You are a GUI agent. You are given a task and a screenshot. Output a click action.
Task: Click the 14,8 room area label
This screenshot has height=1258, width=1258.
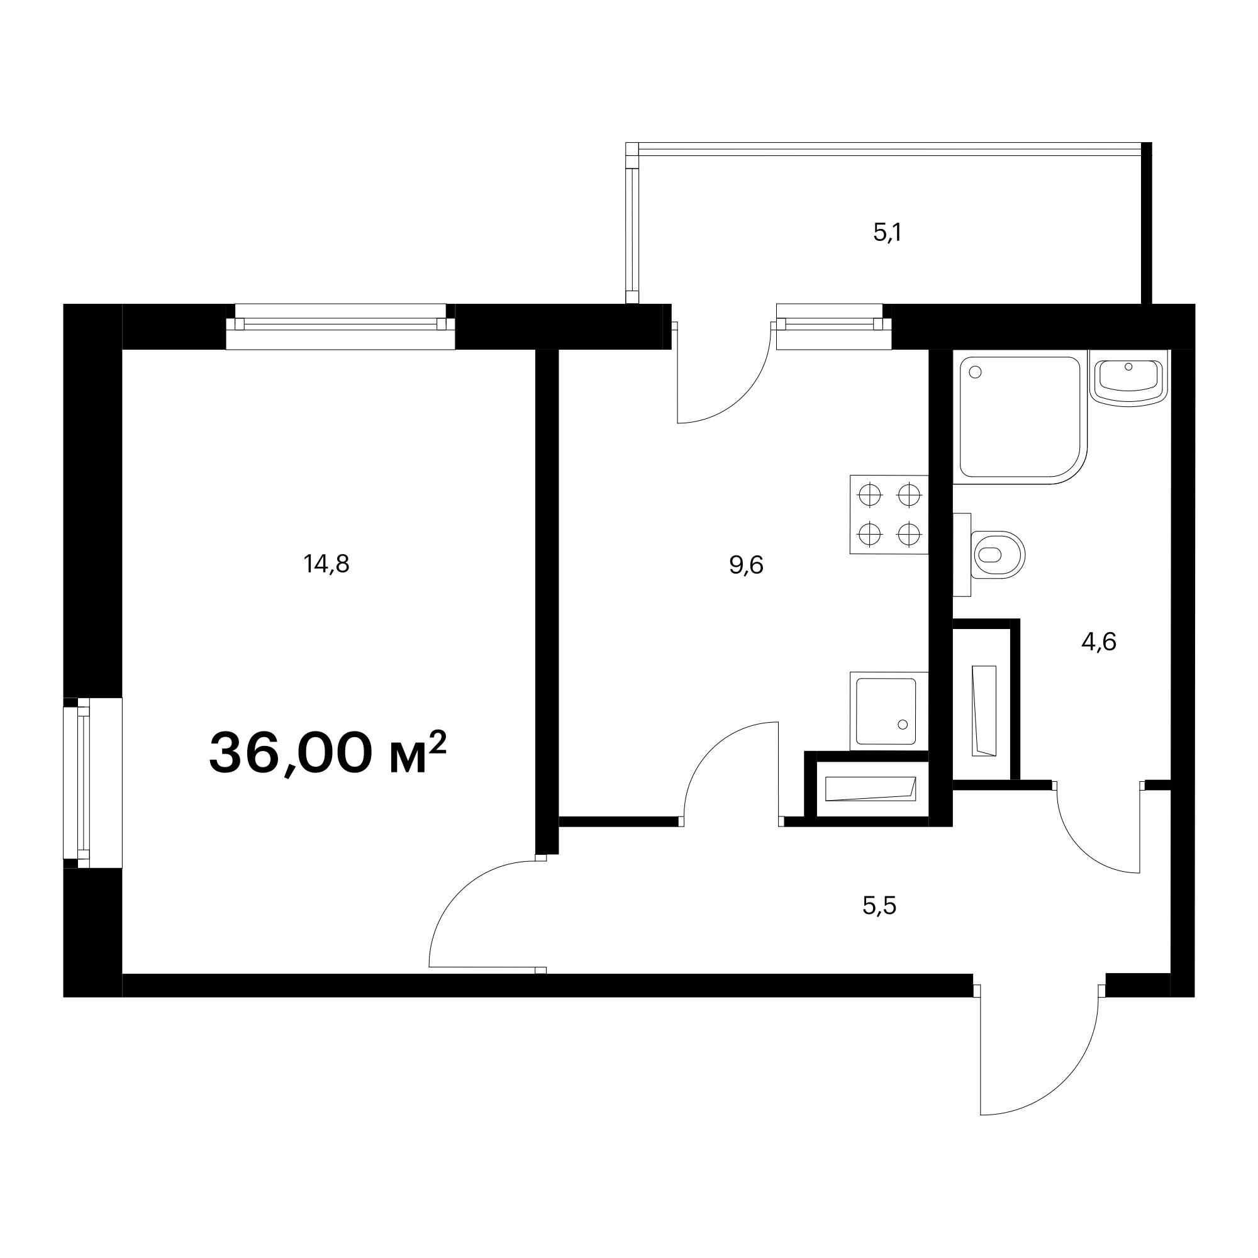(x=326, y=564)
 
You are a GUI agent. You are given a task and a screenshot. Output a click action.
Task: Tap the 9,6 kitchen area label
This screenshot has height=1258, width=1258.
(x=746, y=565)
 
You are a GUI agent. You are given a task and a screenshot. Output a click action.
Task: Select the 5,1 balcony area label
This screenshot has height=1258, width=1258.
(x=888, y=233)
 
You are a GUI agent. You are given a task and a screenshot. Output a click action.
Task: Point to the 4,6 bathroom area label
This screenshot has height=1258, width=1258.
(x=1099, y=642)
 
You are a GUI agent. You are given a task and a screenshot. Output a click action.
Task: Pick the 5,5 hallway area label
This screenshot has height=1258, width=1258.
(x=880, y=905)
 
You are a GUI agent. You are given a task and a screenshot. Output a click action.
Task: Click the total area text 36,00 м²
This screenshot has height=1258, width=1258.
(x=328, y=753)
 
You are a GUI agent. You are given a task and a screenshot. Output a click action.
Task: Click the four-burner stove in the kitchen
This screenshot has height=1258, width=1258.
(x=889, y=515)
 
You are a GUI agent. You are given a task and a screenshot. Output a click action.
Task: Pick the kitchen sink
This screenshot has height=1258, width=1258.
(x=889, y=711)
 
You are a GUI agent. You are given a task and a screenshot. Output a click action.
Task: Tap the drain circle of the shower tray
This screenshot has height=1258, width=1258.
(x=976, y=372)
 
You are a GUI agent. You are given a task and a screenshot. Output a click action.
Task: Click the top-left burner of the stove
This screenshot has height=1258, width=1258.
(x=870, y=496)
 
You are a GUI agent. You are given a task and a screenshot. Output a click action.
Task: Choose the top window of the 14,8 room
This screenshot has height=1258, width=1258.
(x=340, y=326)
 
